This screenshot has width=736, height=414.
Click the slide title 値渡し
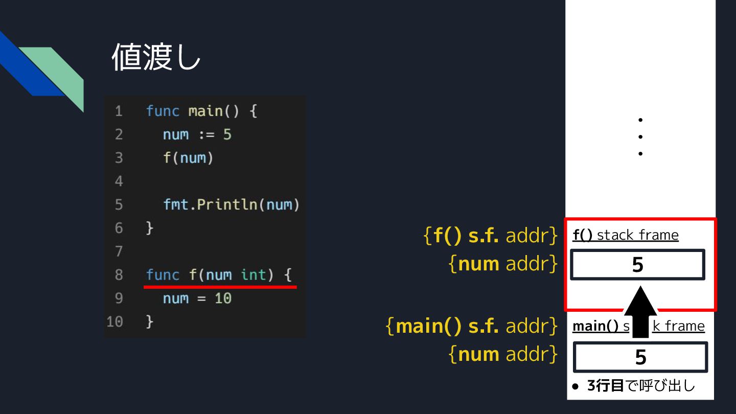[156, 57]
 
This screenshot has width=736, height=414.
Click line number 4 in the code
[119, 181]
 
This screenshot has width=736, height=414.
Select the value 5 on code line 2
[227, 134]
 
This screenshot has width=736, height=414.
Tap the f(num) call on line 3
[188, 158]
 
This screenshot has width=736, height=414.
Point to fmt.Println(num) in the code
[231, 204]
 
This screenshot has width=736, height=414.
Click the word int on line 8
[254, 275]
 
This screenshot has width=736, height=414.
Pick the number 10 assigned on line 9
[223, 298]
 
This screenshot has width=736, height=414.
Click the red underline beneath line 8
[220, 287]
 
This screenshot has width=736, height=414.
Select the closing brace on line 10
[149, 321]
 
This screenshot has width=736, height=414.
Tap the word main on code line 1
[205, 111]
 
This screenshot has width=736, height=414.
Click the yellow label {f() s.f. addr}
[491, 236]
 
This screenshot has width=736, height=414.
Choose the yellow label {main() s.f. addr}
[471, 326]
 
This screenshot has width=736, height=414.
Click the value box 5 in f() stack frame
[637, 265]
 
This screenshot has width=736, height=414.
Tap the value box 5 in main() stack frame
[640, 357]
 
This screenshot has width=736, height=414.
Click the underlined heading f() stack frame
[626, 235]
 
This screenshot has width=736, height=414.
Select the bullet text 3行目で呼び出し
[641, 386]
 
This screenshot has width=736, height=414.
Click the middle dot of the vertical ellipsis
[640, 136]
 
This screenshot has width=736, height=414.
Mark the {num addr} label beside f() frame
[503, 264]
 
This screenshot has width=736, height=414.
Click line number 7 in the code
[119, 251]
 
